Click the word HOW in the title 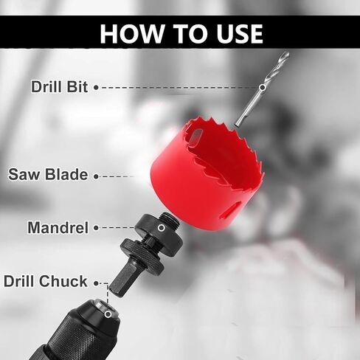point(132,34)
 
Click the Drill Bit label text point(59,87)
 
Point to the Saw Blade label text point(48,174)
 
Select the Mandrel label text point(58,227)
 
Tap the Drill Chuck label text point(46,281)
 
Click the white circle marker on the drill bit point(263,87)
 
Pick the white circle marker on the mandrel point(162,228)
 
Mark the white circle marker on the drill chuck point(108,314)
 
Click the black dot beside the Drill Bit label point(97,87)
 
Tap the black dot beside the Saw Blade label point(97,176)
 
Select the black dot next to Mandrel point(97,228)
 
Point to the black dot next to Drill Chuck point(97,283)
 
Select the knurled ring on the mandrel point(142,257)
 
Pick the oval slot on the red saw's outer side point(231,211)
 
